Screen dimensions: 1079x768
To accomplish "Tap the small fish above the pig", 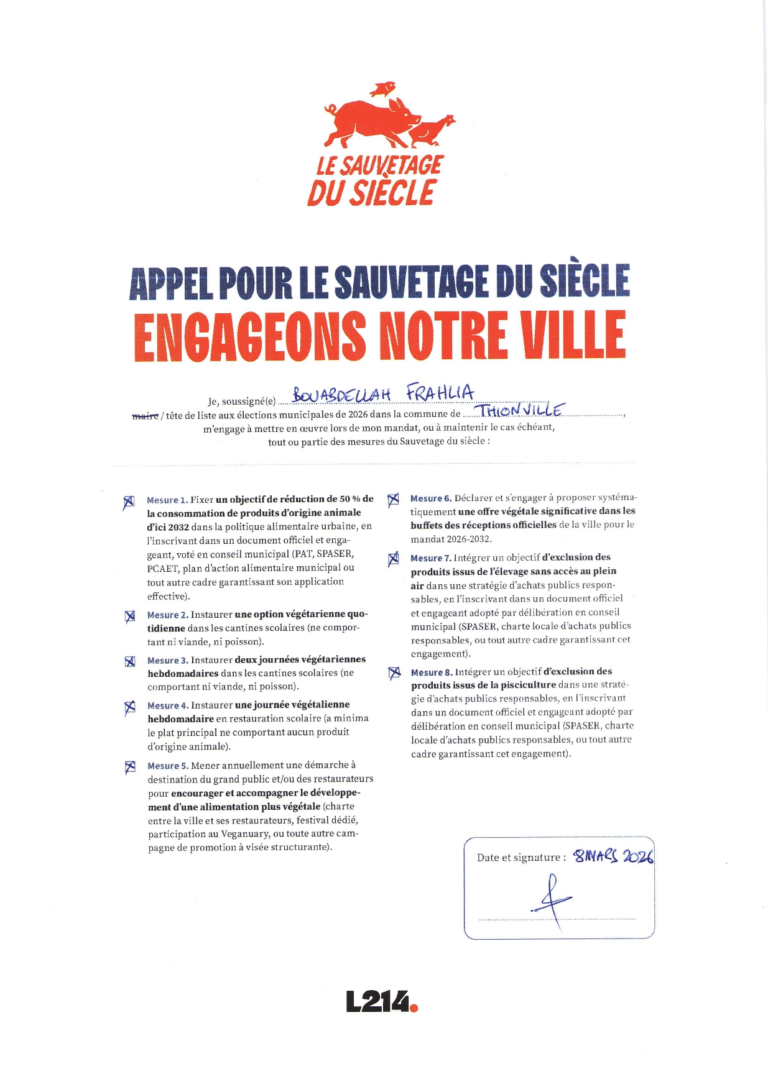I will (383, 89).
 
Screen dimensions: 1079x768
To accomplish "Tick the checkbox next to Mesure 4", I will (129, 707).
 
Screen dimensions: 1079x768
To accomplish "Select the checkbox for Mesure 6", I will (393, 500).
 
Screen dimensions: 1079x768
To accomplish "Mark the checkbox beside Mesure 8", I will (394, 673).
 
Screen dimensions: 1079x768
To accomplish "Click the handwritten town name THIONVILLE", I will (520, 410).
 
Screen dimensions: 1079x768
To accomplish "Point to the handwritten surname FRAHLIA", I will (440, 393).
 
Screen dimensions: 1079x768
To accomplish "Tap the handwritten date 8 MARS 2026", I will (613, 856).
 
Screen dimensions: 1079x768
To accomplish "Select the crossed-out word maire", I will (145, 415).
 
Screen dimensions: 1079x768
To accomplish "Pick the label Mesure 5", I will (167, 766).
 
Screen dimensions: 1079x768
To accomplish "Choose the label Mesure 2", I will (167, 615).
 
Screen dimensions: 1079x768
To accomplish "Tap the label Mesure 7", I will (430, 559).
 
